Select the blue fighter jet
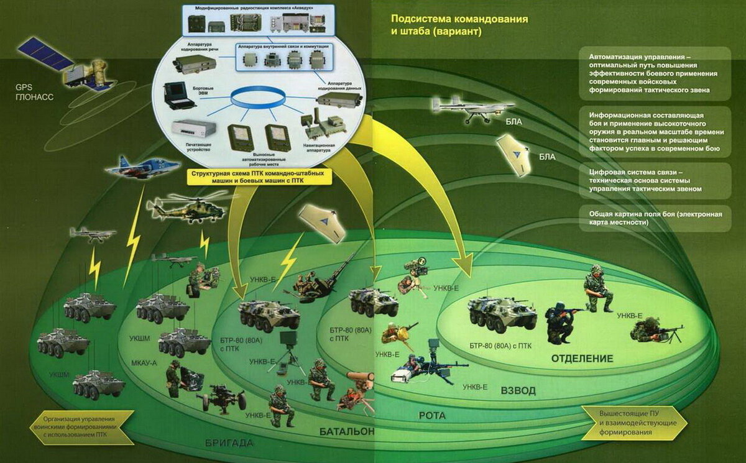click(x=134, y=167)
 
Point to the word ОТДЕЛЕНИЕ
click(x=582, y=359)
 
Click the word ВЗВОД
click(x=518, y=391)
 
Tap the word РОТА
click(x=432, y=415)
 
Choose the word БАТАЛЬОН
click(x=347, y=431)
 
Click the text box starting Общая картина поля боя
click(x=654, y=218)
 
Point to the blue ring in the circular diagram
click(x=258, y=97)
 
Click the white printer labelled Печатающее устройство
click(x=193, y=129)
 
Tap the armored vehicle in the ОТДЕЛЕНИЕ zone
click(x=502, y=314)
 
